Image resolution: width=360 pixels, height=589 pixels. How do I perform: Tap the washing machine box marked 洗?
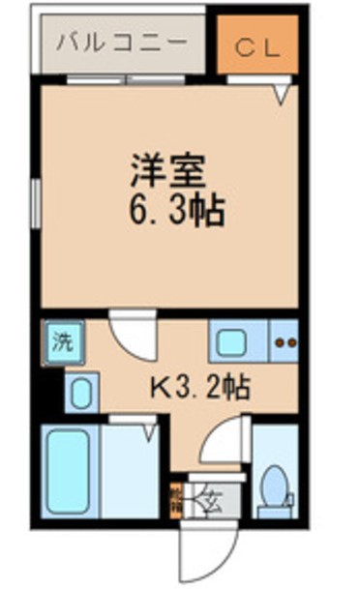tap(63, 341)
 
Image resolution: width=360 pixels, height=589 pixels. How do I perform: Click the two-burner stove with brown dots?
tap(285, 340)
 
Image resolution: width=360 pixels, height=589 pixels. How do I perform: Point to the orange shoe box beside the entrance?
tap(176, 501)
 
